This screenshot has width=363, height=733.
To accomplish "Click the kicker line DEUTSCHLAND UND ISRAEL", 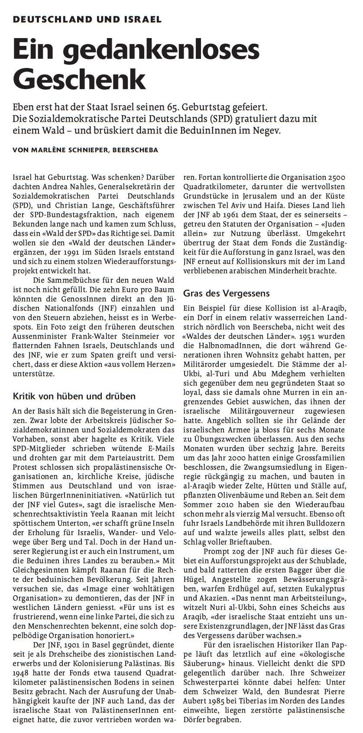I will coord(87,19).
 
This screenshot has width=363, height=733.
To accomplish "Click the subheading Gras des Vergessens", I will coord(226,293).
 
